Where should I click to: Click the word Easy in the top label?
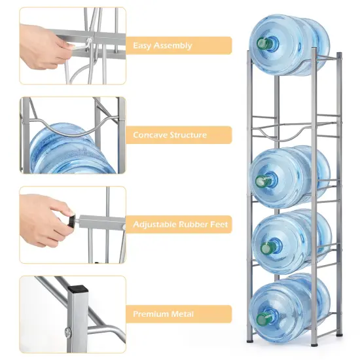(142, 46)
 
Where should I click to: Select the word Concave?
(151, 135)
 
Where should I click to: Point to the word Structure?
(189, 135)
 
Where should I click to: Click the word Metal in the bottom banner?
(183, 314)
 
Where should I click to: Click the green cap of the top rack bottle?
(264, 44)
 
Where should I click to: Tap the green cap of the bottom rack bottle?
(262, 319)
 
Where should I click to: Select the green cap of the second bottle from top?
(262, 181)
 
